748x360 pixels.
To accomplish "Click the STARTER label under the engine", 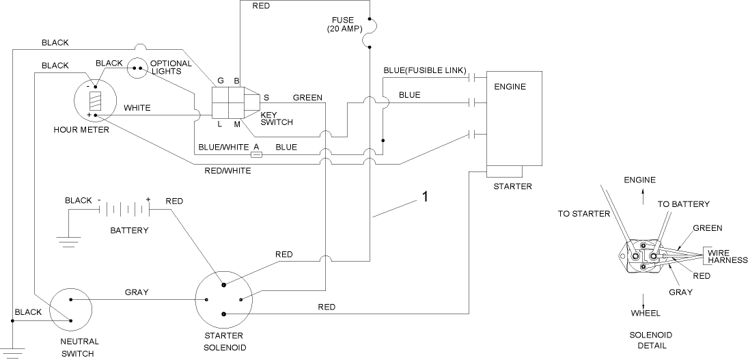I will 512,186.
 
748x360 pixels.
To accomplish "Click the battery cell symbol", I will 123,209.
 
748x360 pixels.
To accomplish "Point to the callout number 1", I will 424,197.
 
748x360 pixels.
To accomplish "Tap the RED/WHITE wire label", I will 227,170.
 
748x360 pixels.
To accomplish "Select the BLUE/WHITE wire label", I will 223,147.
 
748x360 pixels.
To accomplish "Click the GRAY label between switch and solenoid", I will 136,292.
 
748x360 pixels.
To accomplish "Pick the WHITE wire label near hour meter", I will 137,108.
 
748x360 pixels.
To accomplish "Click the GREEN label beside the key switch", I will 307,98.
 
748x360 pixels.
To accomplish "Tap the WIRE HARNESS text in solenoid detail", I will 727,256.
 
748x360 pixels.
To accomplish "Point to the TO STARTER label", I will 583,214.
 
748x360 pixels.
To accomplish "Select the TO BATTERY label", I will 683,204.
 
